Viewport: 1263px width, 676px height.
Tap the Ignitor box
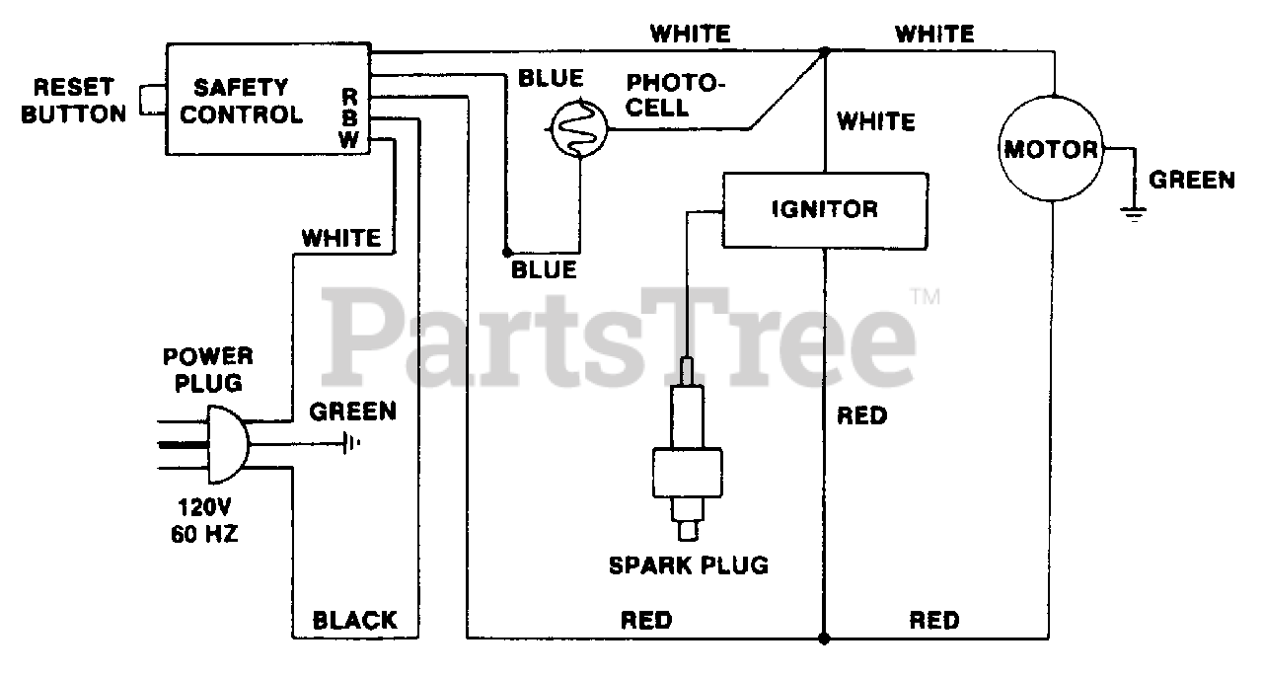(825, 209)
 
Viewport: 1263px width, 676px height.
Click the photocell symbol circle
(579, 127)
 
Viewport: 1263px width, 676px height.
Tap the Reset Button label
(74, 100)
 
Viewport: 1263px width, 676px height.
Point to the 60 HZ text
(205, 538)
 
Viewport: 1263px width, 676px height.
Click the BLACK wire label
(354, 620)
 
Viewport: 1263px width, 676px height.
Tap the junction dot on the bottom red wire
(824, 638)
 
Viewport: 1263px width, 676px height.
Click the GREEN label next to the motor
(1192, 180)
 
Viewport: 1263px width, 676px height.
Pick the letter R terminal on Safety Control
(349, 96)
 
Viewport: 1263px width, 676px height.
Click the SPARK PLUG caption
(688, 565)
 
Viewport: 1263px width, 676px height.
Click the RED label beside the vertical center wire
(861, 415)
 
